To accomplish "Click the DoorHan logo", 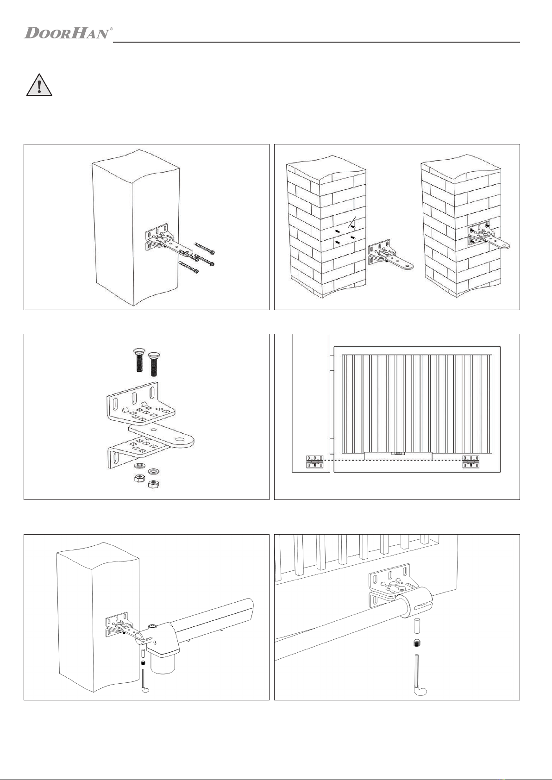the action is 66,33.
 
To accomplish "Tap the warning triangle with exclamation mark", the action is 39,85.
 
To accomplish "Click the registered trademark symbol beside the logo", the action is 112,29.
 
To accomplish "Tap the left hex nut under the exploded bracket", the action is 139,478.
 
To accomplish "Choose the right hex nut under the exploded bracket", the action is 153,484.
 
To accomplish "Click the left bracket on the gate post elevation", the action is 315,462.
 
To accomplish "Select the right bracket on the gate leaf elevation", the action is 471,462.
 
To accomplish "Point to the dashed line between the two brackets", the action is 393,460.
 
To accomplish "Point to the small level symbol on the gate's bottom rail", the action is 397,453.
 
